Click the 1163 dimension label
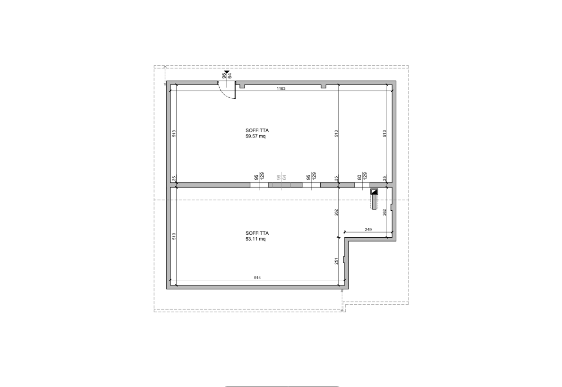[x=281, y=88]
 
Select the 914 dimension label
[x=257, y=277]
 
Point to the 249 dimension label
[x=368, y=230]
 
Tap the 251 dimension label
[x=336, y=261]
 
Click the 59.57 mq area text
[x=255, y=136]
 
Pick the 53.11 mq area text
[x=255, y=239]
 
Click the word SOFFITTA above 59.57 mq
[x=257, y=130]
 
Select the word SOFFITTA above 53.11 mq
[x=257, y=233]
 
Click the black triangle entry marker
[x=227, y=73]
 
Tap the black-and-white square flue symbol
[x=375, y=191]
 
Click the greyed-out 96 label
[x=279, y=177]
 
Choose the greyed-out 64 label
[x=285, y=177]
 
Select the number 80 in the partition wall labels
[x=359, y=177]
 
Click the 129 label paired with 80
[x=365, y=176]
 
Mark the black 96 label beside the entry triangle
[x=224, y=76]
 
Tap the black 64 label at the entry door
[x=230, y=76]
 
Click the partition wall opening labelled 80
[x=362, y=185]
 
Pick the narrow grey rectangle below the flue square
[x=375, y=202]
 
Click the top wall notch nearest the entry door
[x=242, y=86]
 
